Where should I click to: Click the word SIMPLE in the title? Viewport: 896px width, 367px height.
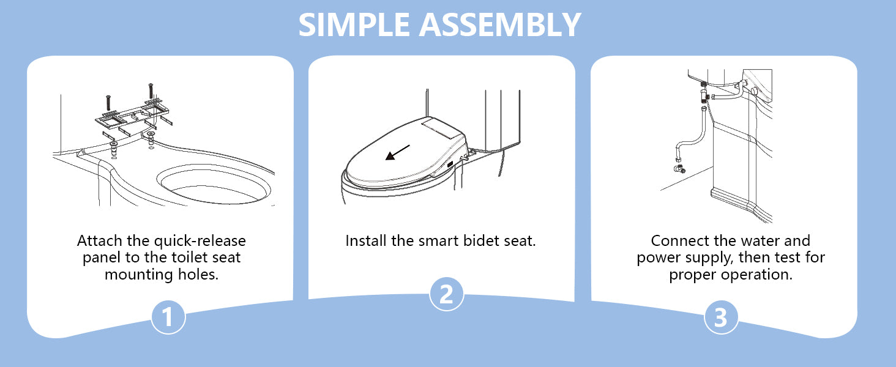pyautogui.click(x=354, y=25)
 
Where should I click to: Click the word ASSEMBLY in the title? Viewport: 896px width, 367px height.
pyautogui.click(x=500, y=25)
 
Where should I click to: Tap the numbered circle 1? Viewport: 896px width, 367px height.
pyautogui.click(x=168, y=317)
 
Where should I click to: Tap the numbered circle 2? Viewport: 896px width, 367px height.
pyautogui.click(x=446, y=294)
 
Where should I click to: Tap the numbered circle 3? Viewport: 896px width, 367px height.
pyautogui.click(x=721, y=317)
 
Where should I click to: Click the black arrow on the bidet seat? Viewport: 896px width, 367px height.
pyautogui.click(x=397, y=152)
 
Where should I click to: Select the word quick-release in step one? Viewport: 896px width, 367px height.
pyautogui.click(x=200, y=241)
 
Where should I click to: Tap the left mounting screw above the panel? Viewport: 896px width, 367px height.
pyautogui.click(x=108, y=103)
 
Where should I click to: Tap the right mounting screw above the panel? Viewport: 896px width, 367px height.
pyautogui.click(x=151, y=91)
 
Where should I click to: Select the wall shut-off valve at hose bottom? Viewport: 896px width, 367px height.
pyautogui.click(x=679, y=169)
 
